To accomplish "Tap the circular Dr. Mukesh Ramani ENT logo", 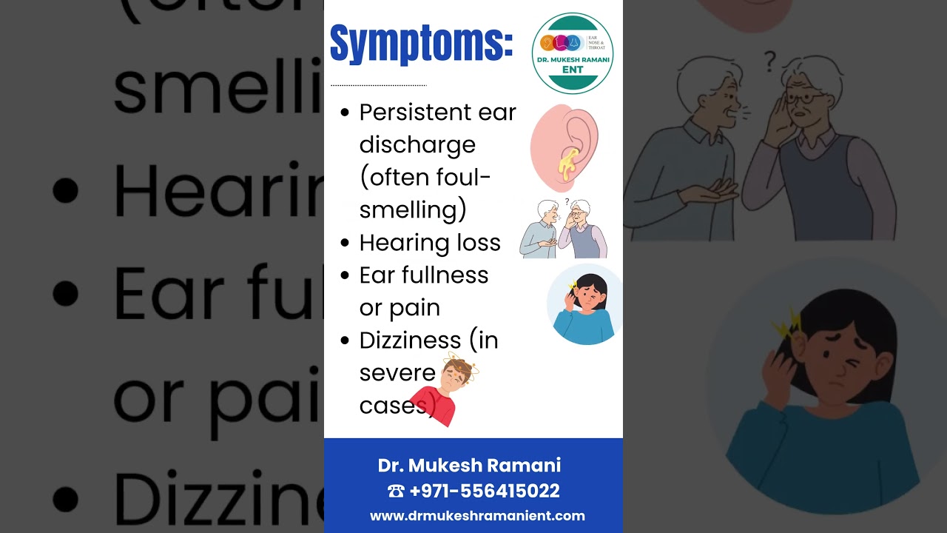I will pos(572,53).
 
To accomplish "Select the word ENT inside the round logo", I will pos(572,70).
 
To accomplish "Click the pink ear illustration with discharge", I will pos(564,147).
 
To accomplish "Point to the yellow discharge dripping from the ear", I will pos(568,164).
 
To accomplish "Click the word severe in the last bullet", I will pos(397,373).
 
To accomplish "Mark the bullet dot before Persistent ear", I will pos(345,113).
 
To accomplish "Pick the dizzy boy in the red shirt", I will pos(445,389).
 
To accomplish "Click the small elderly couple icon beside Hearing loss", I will pos(563,229).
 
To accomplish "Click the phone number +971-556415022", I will pos(484,491).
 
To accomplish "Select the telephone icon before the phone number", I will pos(395,491).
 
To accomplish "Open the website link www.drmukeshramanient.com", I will pos(477,516).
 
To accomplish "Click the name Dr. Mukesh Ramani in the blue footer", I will pos(469,466).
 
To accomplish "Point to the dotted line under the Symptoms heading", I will pos(378,85).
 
